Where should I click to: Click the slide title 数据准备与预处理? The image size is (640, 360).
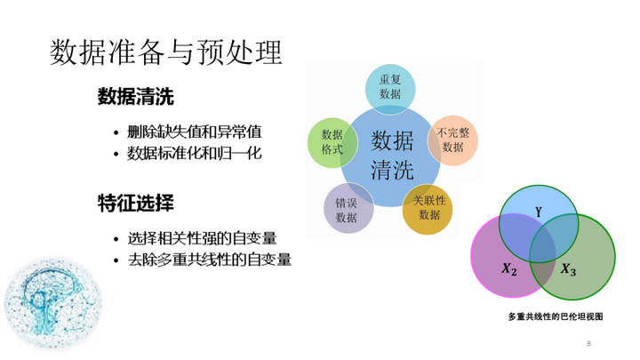pos(165,52)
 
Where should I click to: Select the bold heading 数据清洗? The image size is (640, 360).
pos(136,97)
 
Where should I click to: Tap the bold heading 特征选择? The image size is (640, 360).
pos(136,203)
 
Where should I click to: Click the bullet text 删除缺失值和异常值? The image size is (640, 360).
pos(195,132)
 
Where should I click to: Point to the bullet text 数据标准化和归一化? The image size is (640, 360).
pos(195,154)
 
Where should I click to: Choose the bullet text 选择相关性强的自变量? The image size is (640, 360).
pos(202,238)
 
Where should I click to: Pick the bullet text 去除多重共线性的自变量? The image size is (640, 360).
pos(210,260)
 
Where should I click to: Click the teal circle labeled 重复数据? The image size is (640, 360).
pos(390,89)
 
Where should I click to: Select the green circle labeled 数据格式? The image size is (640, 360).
pos(332,142)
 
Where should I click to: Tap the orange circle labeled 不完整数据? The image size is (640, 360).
pos(452,140)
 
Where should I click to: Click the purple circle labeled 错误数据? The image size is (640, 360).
pos(348,208)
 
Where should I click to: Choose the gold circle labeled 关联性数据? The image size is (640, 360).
pos(428,210)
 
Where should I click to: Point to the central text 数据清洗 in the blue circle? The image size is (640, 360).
pos(392,156)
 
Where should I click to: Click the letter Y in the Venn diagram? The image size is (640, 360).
pos(539,212)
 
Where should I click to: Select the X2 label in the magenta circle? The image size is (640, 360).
pos(509,269)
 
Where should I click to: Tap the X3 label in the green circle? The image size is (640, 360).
pos(568,269)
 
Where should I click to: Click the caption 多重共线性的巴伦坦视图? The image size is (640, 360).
pos(556,316)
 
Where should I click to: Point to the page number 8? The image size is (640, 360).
pos(589,343)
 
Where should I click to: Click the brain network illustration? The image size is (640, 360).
pos(52,303)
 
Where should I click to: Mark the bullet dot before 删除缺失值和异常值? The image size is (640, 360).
pos(116,133)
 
